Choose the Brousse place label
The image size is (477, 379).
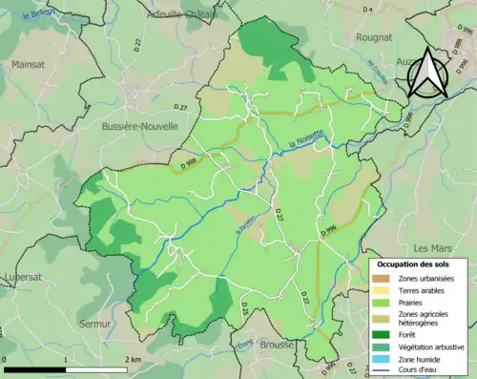click(276, 342)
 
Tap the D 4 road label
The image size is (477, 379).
click(367, 10)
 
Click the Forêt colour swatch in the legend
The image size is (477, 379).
click(384, 334)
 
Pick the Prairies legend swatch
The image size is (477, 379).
click(384, 304)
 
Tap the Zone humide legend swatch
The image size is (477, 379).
click(384, 359)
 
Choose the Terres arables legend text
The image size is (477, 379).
click(421, 290)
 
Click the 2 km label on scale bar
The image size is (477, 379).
click(133, 359)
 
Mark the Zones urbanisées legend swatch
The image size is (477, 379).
click(384, 278)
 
